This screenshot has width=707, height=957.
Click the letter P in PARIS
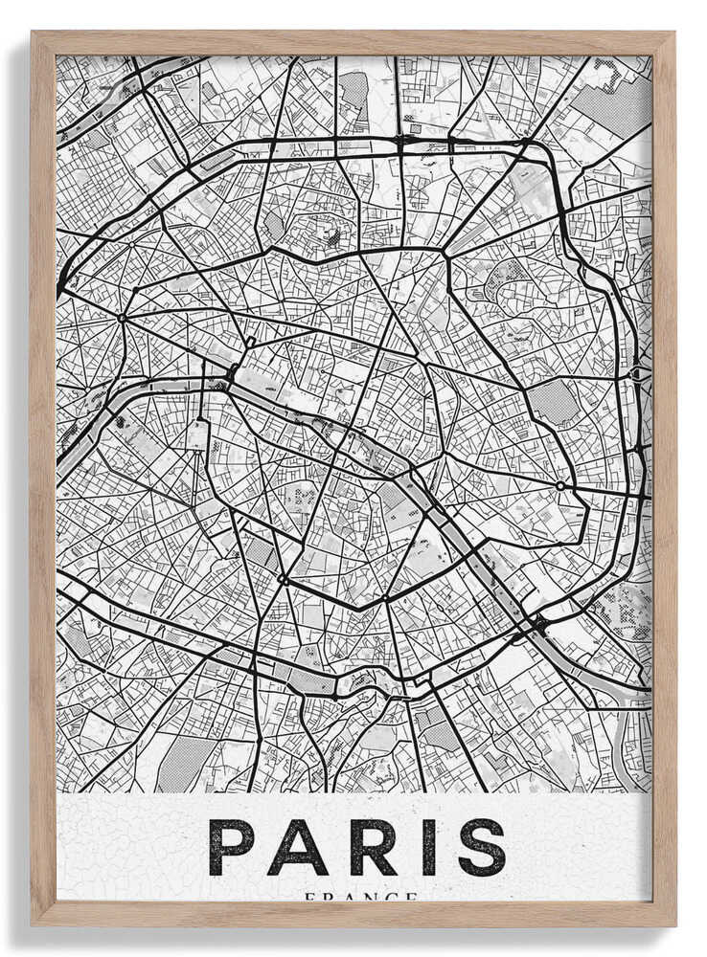click(x=233, y=847)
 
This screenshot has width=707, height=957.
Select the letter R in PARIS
click(x=366, y=847)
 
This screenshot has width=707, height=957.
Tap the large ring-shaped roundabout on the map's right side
click(x=559, y=486)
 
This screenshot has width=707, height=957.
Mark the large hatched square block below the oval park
click(x=554, y=402)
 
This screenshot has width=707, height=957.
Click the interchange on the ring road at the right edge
click(x=639, y=373)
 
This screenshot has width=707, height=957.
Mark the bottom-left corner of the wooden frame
click(x=34, y=924)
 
